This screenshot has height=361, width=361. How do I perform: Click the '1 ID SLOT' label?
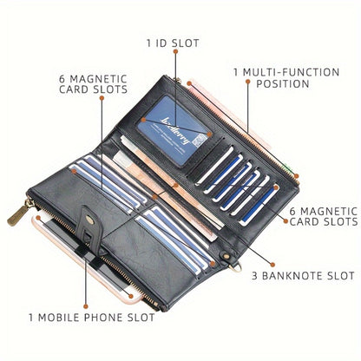tap(173, 43)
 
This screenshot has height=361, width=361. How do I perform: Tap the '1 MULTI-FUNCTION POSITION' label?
tap(286, 78)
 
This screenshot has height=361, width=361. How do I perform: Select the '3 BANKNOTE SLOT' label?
tap(303, 276)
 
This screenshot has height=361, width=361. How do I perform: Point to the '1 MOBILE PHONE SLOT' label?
tap(92, 318)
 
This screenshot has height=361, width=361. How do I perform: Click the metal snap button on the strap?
tap(90, 221)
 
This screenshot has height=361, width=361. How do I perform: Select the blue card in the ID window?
tap(174, 130)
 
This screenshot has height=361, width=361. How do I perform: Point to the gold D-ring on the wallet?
tap(235, 268)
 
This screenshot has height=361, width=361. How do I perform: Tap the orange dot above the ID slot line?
tap(175, 51)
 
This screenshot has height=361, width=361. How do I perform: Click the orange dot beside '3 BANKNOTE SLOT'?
tap(272, 265)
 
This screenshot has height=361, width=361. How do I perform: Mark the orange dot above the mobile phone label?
tap(86, 306)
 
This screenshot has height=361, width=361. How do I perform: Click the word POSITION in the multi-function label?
tap(283, 83)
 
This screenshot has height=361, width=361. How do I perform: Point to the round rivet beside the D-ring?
tap(225, 256)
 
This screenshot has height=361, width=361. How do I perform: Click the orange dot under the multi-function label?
tap(248, 82)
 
